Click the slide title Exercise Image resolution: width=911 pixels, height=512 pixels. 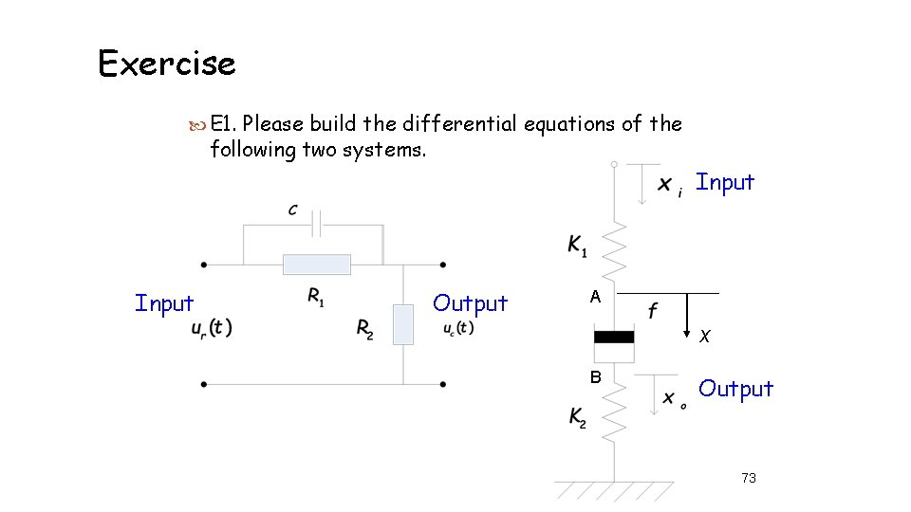167,64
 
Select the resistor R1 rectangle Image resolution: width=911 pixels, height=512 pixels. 316,265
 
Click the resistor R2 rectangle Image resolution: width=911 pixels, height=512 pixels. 403,324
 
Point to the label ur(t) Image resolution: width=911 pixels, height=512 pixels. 212,328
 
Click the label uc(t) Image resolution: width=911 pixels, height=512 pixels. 458,328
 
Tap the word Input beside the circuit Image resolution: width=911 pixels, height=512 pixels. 164,303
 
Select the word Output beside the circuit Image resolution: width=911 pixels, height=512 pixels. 470,303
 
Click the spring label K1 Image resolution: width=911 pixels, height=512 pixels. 577,247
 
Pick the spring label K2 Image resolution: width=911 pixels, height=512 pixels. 578,417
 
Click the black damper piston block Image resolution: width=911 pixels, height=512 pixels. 614,336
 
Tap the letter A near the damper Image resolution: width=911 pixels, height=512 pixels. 595,297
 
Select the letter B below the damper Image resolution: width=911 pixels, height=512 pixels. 595,376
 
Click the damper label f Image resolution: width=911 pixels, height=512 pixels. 654,310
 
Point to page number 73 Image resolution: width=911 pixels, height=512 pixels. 749,478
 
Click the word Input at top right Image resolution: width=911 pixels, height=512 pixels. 725,182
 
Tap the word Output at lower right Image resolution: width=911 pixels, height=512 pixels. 736,389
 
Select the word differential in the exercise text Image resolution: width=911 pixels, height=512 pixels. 458,124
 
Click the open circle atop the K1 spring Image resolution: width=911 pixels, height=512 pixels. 614,164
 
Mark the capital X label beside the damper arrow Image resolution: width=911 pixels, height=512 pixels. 704,336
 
